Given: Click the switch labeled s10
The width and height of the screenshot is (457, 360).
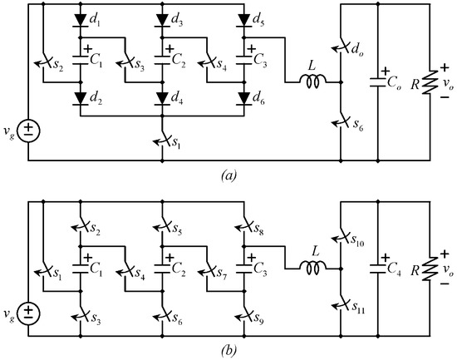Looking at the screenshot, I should (342, 238).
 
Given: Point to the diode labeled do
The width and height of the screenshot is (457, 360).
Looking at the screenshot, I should (342, 52).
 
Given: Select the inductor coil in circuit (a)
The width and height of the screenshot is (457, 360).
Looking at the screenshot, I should (314, 81).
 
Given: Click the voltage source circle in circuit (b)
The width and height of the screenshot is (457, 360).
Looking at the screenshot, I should (28, 313).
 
